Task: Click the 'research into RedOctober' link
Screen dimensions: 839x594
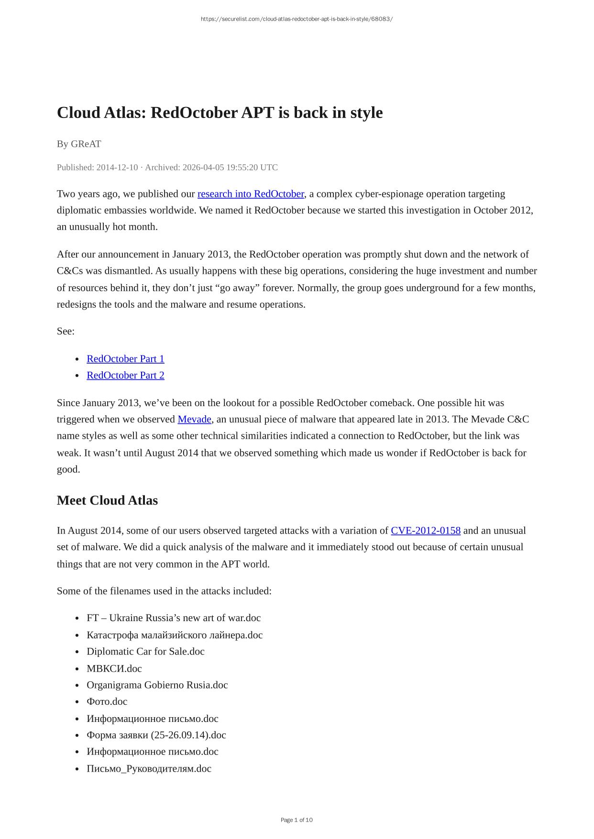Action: click(251, 194)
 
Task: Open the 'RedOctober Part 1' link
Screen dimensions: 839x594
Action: click(125, 359)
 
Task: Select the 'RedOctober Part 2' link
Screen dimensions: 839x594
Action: click(125, 376)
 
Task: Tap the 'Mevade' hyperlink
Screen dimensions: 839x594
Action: click(194, 419)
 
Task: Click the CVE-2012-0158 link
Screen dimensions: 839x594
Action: click(425, 531)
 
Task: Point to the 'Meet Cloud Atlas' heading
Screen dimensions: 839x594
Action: click(107, 501)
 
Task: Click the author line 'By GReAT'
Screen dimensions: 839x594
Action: click(79, 144)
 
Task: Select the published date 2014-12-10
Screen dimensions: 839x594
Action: click(117, 168)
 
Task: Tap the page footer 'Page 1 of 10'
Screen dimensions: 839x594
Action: click(297, 820)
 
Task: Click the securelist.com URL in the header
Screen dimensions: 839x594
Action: click(297, 19)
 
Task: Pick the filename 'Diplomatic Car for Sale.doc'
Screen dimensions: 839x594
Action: click(145, 652)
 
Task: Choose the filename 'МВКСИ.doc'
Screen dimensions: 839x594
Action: click(114, 669)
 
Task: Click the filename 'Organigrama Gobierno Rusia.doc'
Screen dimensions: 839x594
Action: click(157, 685)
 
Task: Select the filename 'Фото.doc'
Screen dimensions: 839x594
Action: click(107, 702)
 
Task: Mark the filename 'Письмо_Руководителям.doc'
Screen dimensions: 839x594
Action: click(149, 769)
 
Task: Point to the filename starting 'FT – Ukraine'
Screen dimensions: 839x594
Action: click(174, 618)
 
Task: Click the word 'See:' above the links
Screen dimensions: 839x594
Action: click(66, 332)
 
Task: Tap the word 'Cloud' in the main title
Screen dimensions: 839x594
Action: click(77, 113)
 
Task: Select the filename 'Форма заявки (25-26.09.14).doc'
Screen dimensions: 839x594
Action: click(156, 735)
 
